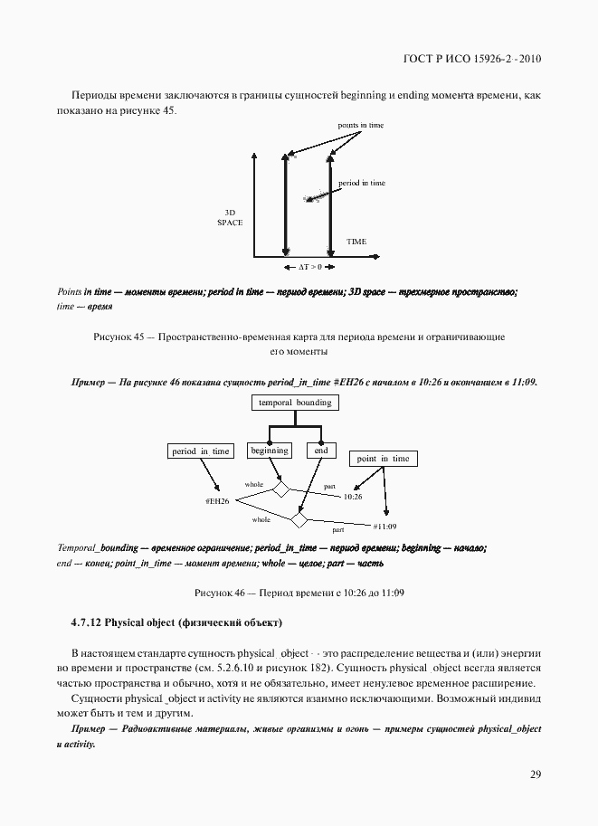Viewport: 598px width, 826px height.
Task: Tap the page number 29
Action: click(535, 774)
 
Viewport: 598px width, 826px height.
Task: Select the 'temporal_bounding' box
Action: click(295, 403)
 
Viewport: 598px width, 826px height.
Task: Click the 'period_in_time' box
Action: click(202, 451)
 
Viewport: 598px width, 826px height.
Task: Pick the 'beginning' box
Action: click(270, 450)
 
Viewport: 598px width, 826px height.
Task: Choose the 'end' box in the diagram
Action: click(321, 450)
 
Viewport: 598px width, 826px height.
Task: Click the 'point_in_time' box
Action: click(383, 459)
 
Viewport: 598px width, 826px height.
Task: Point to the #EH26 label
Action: click(217, 500)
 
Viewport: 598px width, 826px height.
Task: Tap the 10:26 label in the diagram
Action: click(353, 497)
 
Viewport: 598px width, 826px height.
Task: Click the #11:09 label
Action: click(384, 526)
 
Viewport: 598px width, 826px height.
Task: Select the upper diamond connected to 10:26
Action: click(280, 489)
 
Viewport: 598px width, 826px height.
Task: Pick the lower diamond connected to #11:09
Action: click(298, 519)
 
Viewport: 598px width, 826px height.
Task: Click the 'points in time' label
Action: click(360, 125)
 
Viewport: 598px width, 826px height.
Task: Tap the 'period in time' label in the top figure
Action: click(362, 183)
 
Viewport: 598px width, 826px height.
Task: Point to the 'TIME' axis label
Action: click(356, 242)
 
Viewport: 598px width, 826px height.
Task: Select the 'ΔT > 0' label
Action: click(309, 268)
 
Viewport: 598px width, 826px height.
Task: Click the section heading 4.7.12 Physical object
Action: click(176, 622)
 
